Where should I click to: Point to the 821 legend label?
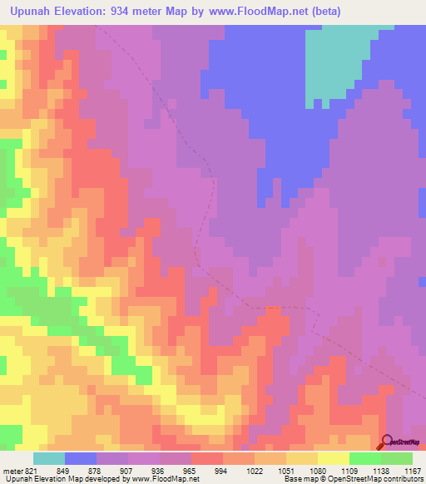[x=32, y=470]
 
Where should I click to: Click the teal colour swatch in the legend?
[x=49, y=458]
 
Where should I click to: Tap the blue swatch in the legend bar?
[x=81, y=458]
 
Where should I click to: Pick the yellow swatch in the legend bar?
[x=334, y=458]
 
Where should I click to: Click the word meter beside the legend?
[x=12, y=470]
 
